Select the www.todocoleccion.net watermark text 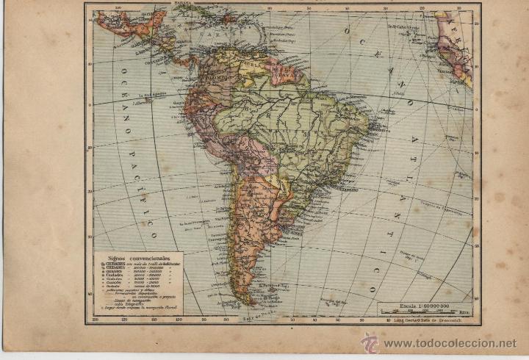pos(450,343)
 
